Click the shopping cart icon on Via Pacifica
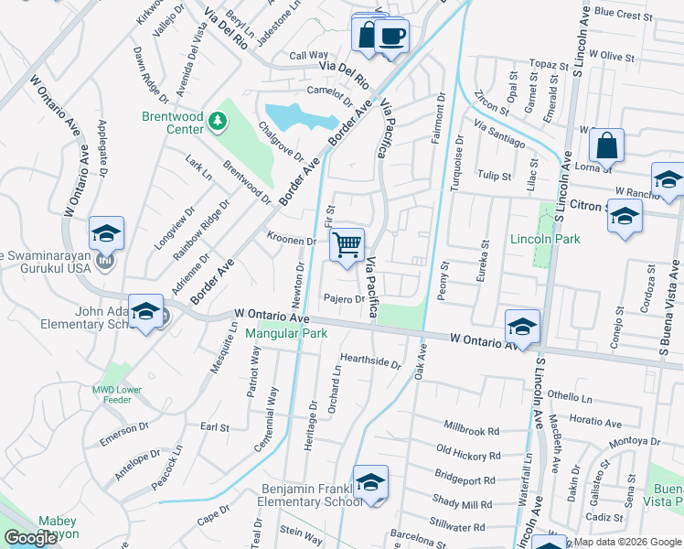pyautogui.click(x=347, y=245)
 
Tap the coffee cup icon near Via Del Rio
pyautogui.click(x=391, y=37)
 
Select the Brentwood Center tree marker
pyautogui.click(x=217, y=120)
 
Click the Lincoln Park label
pyautogui.click(x=545, y=239)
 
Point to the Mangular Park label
pyautogui.click(x=286, y=334)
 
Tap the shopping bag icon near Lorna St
pyautogui.click(x=606, y=145)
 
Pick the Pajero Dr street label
pyautogui.click(x=345, y=299)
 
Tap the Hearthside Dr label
pyautogui.click(x=370, y=361)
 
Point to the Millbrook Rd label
pyautogui.click(x=472, y=429)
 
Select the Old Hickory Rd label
pyautogui.click(x=468, y=454)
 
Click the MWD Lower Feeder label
pyautogui.click(x=117, y=394)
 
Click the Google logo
pyautogui.click(x=30, y=538)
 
